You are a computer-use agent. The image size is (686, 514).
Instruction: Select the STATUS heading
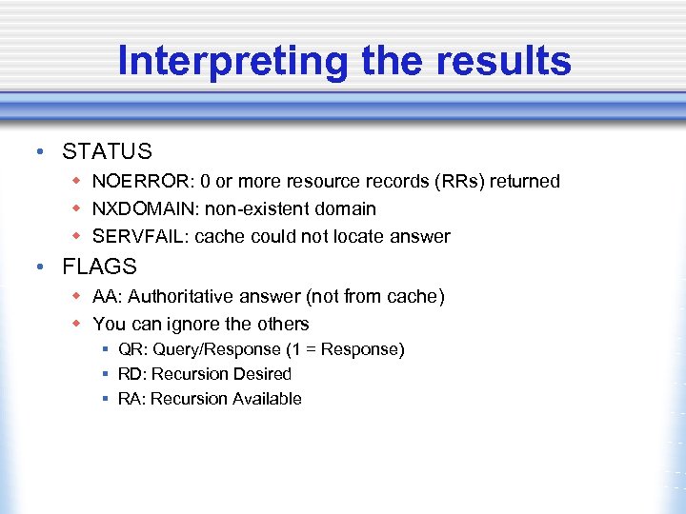click(107, 151)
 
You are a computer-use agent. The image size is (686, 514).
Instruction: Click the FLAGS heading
click(99, 267)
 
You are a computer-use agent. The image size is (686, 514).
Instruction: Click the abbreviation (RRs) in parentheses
click(462, 181)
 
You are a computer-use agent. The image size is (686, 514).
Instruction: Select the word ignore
click(191, 324)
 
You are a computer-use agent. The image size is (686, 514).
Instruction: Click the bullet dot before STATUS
click(35, 152)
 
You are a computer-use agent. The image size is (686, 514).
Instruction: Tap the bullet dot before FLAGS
click(35, 267)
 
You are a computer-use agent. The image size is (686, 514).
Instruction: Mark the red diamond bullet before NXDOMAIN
click(76, 208)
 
